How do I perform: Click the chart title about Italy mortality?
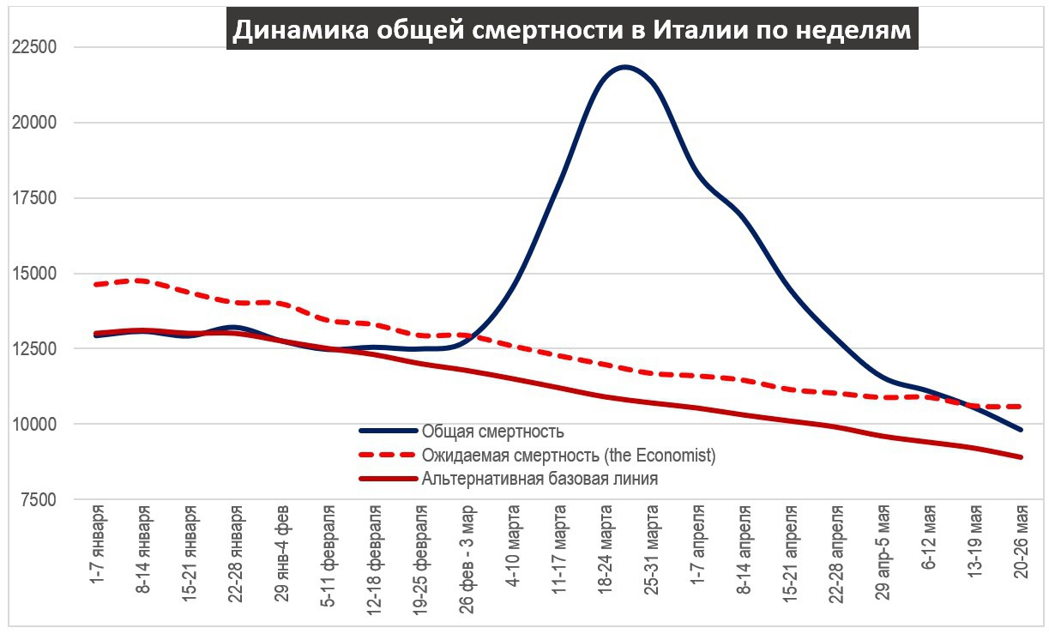point(572,30)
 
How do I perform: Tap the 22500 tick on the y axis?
point(35,47)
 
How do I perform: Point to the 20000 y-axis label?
point(35,123)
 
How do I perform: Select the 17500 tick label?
point(35,198)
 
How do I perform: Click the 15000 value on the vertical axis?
point(35,274)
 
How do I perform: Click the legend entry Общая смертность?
point(492,431)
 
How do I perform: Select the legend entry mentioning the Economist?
point(568,455)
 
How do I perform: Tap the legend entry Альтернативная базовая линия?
point(540,479)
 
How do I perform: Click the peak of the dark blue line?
point(624,67)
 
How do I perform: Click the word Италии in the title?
point(700,30)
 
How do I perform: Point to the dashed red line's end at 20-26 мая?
point(1020,406)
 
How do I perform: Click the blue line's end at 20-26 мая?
point(1020,429)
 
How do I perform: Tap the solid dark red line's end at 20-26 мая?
point(1020,457)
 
